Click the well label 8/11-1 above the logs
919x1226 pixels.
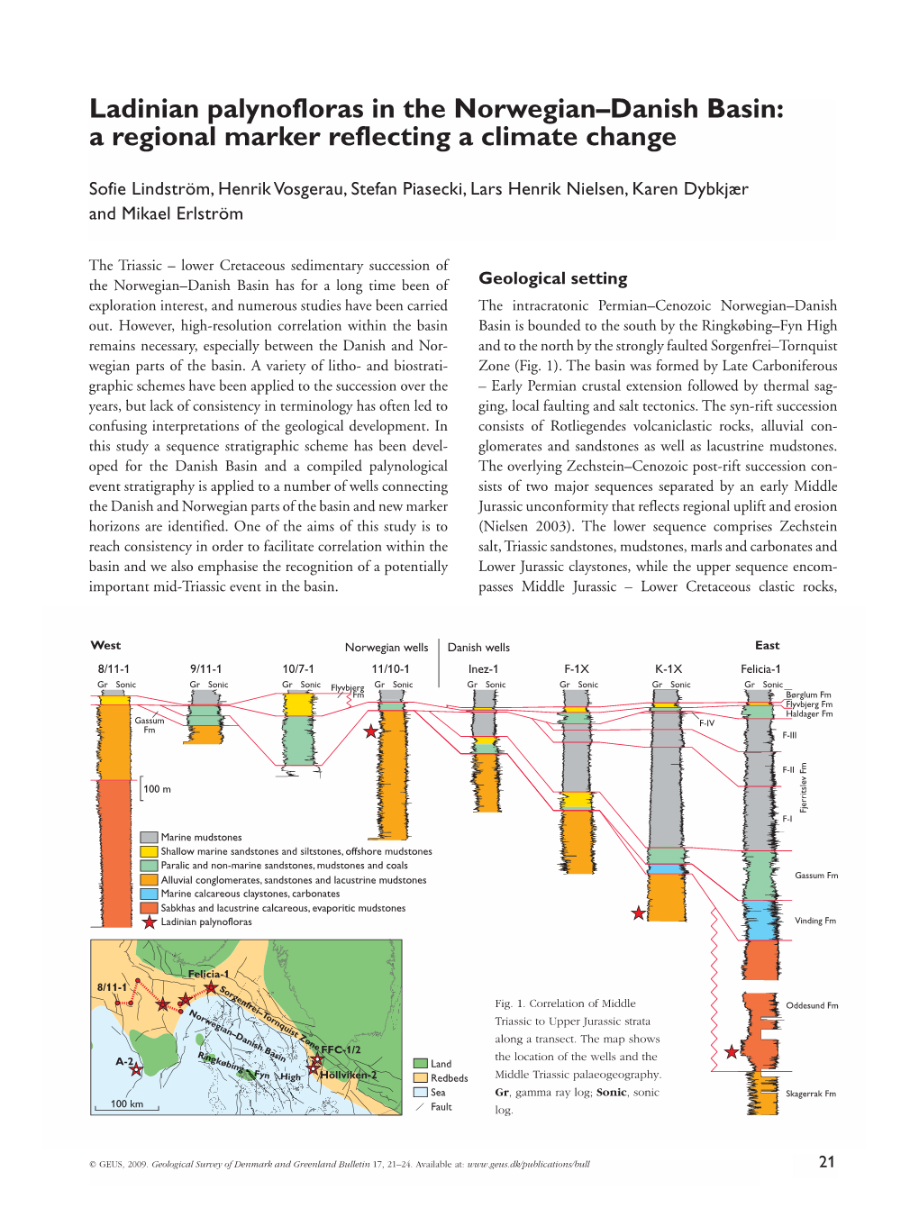pyautogui.click(x=114, y=668)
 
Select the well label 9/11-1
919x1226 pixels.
pyautogui.click(x=205, y=668)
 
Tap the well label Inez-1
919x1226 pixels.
pyautogui.click(x=483, y=668)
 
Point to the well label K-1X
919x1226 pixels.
pyautogui.click(x=669, y=668)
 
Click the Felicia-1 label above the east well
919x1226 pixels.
pyautogui.click(x=760, y=668)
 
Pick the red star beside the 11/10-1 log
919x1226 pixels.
pyautogui.click(x=370, y=731)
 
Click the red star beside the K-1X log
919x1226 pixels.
pyautogui.click(x=639, y=913)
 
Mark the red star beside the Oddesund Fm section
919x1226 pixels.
pyautogui.click(x=732, y=1052)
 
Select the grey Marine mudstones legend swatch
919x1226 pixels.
pyautogui.click(x=149, y=837)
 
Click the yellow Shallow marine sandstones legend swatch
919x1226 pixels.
pyautogui.click(x=149, y=851)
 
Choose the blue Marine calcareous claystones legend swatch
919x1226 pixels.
pyautogui.click(x=149, y=894)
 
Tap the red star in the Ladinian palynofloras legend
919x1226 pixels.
pyautogui.click(x=149, y=922)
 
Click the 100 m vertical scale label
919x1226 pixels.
pyautogui.click(x=157, y=789)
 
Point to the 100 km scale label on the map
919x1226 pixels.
pyautogui.click(x=126, y=1103)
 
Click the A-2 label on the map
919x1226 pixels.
pyautogui.click(x=124, y=1061)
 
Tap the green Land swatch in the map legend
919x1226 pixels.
pyautogui.click(x=420, y=1064)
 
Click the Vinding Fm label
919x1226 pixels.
pyautogui.click(x=814, y=921)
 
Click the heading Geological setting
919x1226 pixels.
pyautogui.click(x=552, y=278)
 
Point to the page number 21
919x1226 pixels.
pyautogui.click(x=826, y=1162)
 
